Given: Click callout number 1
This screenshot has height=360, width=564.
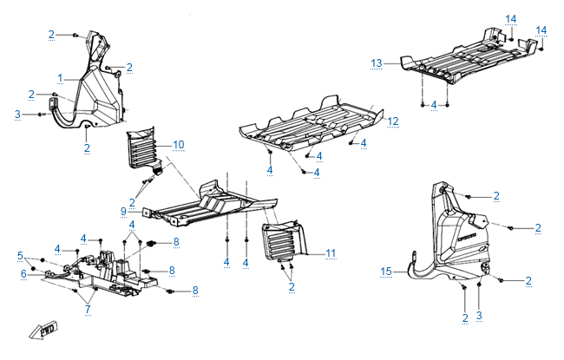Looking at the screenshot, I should pyautogui.click(x=60, y=78).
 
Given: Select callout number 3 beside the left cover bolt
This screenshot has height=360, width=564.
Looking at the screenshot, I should pyautogui.click(x=17, y=114).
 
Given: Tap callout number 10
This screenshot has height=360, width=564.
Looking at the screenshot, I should pyautogui.click(x=179, y=143).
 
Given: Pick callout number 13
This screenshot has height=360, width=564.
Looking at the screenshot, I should pyautogui.click(x=376, y=62).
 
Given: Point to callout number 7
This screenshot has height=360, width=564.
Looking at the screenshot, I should pyautogui.click(x=89, y=310).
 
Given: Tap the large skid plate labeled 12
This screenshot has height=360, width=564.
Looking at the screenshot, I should pyautogui.click(x=312, y=121).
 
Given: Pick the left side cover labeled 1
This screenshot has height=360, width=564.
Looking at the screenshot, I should pyautogui.click(x=97, y=95).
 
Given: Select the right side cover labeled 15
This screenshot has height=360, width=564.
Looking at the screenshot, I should pyautogui.click(x=460, y=234).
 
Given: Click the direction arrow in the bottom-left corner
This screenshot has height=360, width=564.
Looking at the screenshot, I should pyautogui.click(x=41, y=331).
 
